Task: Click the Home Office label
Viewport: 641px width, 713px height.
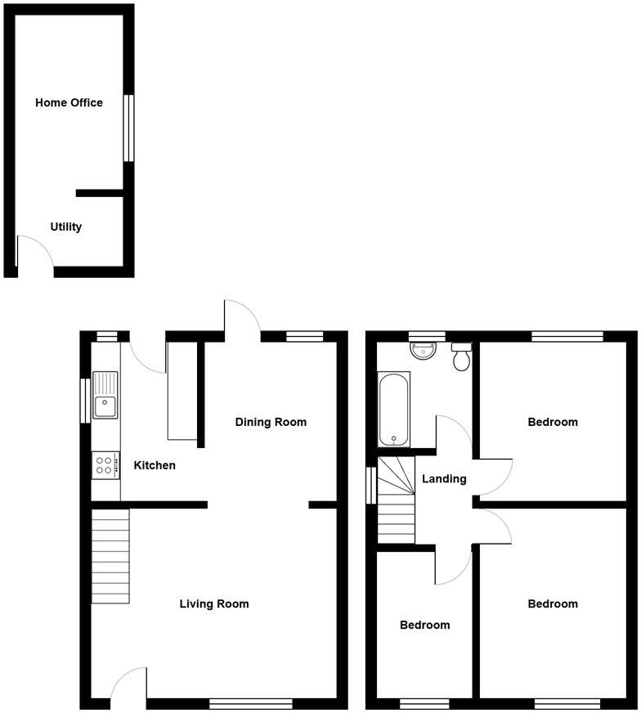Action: point(69,103)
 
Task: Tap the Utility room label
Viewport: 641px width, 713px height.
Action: point(65,227)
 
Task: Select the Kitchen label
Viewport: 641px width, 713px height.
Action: point(155,466)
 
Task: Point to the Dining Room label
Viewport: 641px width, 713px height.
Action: point(271,423)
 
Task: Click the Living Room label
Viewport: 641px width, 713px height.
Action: point(214,604)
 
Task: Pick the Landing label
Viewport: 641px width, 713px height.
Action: point(444,479)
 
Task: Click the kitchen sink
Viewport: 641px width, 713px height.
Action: point(105,395)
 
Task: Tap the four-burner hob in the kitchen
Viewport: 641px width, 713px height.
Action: point(105,465)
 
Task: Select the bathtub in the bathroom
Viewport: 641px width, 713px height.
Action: point(394,410)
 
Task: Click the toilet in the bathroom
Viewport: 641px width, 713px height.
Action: point(462,356)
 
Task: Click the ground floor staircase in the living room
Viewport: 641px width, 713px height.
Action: point(110,556)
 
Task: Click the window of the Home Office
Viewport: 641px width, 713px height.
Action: point(128,128)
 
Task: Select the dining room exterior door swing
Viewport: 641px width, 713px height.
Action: point(242,316)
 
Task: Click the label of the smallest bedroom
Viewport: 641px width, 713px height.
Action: point(424,626)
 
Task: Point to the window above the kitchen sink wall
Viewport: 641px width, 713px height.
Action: point(84,400)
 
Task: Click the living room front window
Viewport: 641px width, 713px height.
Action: point(251,703)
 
